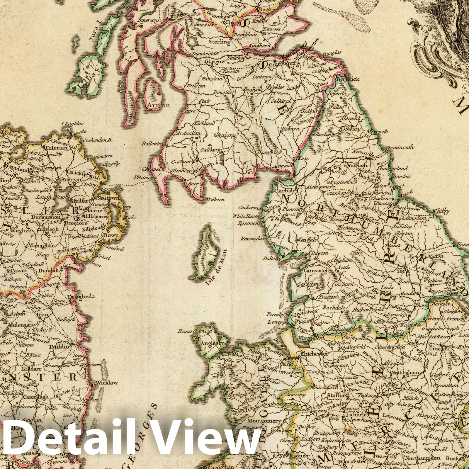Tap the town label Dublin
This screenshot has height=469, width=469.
(x=61, y=346)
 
